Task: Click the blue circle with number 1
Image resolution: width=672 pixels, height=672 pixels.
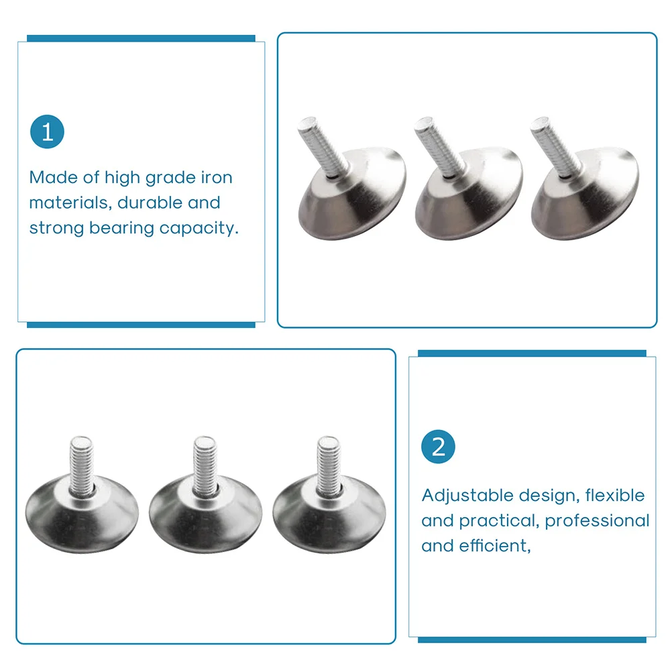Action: pyautogui.click(x=47, y=131)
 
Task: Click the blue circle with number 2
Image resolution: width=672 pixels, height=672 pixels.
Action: pyautogui.click(x=438, y=447)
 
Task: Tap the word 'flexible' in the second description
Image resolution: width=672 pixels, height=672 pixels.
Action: pyautogui.click(x=615, y=495)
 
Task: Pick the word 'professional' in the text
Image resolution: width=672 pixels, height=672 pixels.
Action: pyautogui.click(x=597, y=521)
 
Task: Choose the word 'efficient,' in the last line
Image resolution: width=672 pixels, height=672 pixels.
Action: pyautogui.click(x=495, y=545)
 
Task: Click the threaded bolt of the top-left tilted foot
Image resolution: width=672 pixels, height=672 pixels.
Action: pyautogui.click(x=323, y=146)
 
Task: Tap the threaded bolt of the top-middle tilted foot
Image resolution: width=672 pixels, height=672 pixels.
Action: pyautogui.click(x=440, y=146)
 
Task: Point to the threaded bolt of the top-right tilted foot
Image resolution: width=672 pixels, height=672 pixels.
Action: pyautogui.click(x=556, y=146)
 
